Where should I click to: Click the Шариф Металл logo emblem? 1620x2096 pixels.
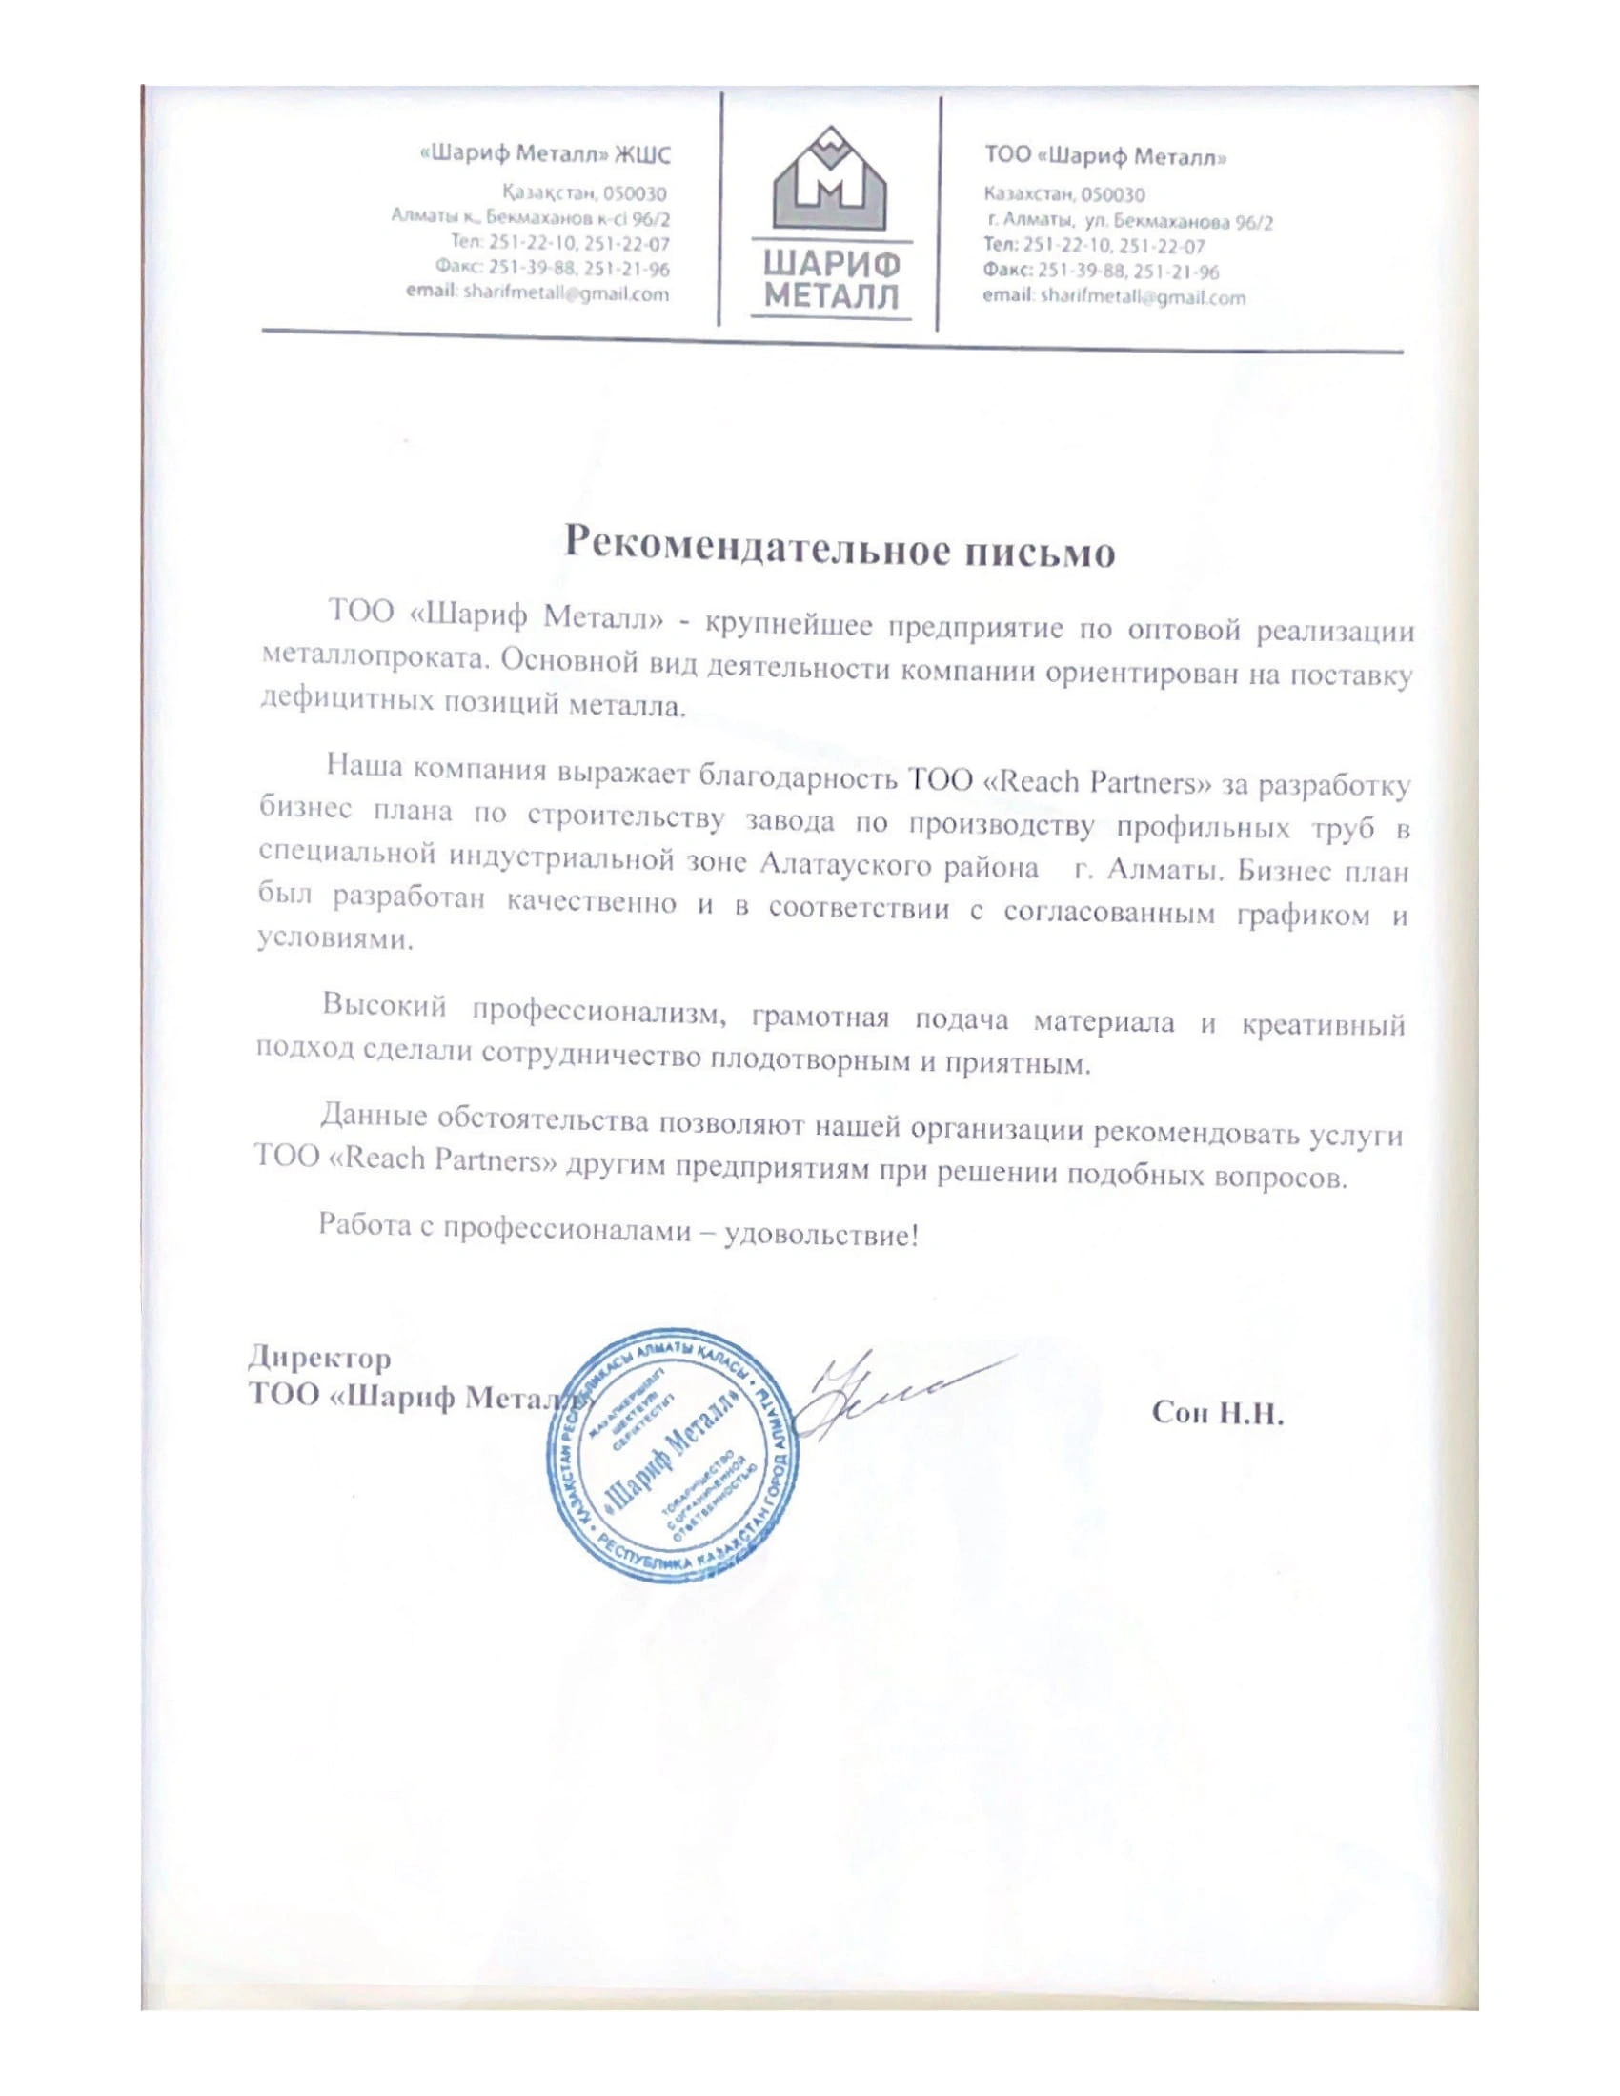[x=831, y=181]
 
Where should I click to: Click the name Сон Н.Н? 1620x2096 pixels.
[x=1216, y=1414]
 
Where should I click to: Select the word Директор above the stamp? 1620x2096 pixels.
[x=319, y=1358]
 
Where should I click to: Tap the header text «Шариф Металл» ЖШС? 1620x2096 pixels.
[x=547, y=153]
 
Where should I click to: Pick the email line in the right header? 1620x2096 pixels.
[x=1113, y=297]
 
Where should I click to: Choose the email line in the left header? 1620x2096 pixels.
[x=537, y=293]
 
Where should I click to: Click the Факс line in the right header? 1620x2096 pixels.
[x=1101, y=272]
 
